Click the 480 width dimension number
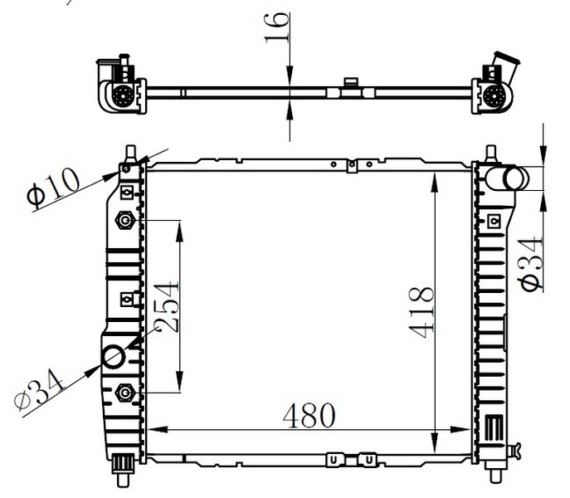(309, 416)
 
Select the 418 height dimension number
(421, 313)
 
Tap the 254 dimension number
(167, 306)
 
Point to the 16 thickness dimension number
(277, 27)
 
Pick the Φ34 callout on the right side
(530, 263)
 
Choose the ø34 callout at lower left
(39, 390)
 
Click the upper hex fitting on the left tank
(125, 221)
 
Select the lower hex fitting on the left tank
(125, 393)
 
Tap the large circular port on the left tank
(114, 357)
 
